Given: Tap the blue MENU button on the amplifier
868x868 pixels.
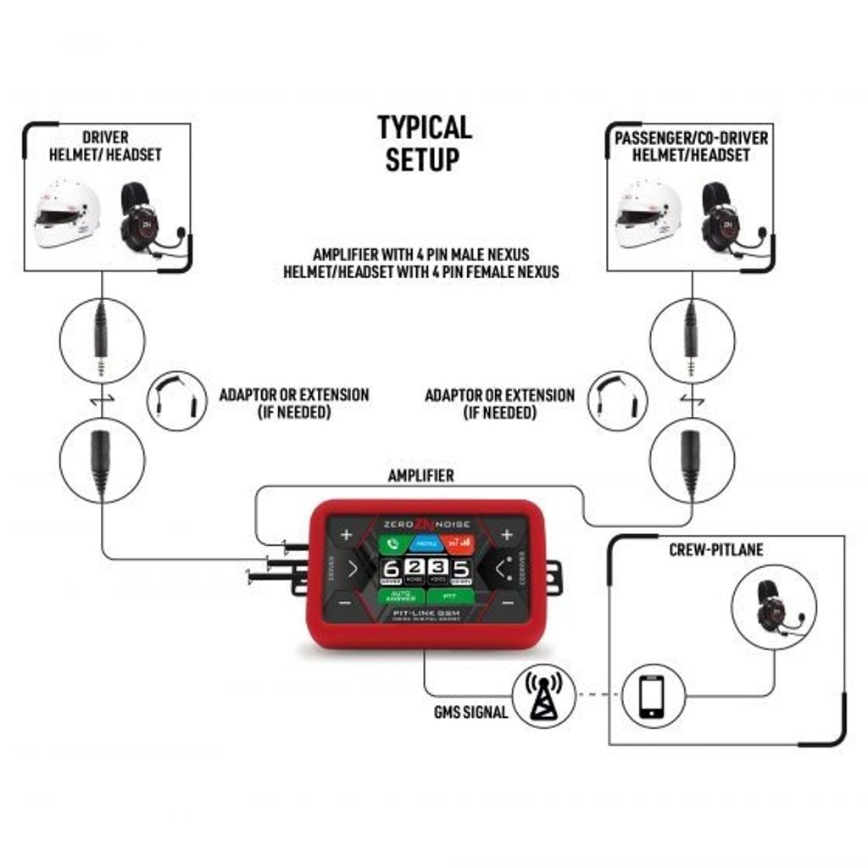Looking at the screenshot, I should coord(426,542).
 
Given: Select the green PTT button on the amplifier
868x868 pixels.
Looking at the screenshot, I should coord(446,597).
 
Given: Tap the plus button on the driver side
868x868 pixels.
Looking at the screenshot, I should coord(346,535).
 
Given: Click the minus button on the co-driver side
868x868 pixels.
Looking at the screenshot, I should coord(507,603).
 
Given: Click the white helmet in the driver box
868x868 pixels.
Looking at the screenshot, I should coord(66,214).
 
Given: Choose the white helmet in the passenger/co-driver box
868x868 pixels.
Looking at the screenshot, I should coord(648,214).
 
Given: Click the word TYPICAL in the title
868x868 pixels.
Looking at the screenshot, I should coord(424,128).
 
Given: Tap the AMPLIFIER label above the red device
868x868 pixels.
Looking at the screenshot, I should coord(420,476).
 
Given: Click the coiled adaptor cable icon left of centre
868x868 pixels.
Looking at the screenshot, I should coord(177,401).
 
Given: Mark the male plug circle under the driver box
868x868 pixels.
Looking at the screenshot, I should coord(102,341).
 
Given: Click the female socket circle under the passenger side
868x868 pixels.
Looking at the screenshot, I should coord(692,459).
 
